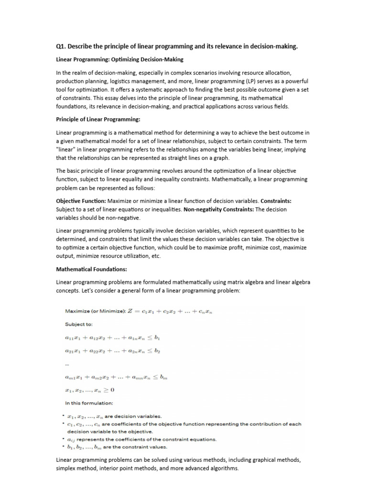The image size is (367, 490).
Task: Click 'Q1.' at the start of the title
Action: pyautogui.click(x=61, y=46)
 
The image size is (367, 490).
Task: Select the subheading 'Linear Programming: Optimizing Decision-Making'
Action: pyautogui.click(x=119, y=59)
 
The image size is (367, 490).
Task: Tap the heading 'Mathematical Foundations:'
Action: pyautogui.click(x=91, y=269)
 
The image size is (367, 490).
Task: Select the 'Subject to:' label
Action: pyautogui.click(x=78, y=324)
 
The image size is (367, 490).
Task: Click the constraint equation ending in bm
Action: pyautogui.click(x=115, y=378)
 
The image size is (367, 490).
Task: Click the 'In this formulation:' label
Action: pyautogui.click(x=89, y=403)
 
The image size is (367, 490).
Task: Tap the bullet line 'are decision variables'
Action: pyautogui.click(x=115, y=416)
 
